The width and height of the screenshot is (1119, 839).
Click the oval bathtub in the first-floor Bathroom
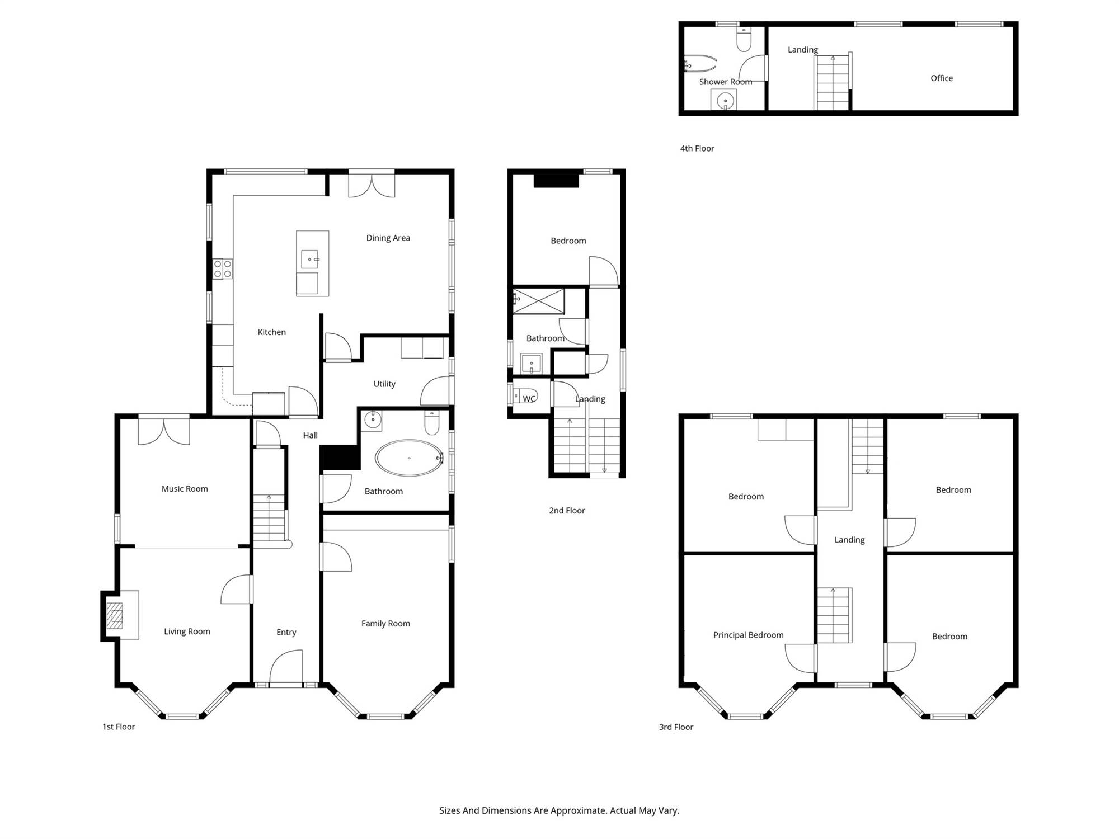point(409,458)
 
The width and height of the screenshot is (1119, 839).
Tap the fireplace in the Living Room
point(115,615)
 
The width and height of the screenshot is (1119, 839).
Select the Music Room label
point(185,489)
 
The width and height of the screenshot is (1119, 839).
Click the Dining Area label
point(388,238)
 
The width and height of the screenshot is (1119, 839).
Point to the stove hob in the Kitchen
point(222,269)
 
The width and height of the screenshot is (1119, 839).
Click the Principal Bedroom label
point(748,635)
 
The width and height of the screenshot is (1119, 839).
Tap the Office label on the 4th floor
point(942,78)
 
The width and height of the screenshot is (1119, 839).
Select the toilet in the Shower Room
point(744,39)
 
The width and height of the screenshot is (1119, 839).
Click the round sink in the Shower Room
point(725,101)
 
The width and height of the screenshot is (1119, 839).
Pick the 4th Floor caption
point(697,148)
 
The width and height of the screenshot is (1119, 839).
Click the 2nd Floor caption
point(567,511)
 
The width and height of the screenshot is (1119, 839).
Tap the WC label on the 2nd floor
point(529,399)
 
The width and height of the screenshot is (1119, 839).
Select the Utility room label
point(384,384)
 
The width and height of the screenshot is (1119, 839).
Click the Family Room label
point(385,624)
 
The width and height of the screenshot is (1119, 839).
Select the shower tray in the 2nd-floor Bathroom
point(539,301)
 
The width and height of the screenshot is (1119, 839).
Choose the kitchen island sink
point(309,260)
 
